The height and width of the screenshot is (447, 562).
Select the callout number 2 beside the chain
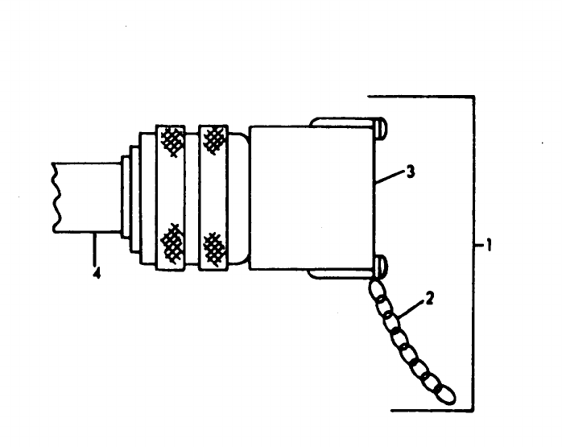[430, 299]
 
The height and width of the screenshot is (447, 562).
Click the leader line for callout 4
[97, 246]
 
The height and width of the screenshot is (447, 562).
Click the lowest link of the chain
[444, 394]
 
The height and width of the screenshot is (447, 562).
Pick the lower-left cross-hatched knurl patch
[171, 239]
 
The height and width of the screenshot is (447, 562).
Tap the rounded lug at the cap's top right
[380, 126]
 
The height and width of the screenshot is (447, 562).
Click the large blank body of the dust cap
[310, 197]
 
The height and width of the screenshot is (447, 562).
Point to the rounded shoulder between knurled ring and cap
[240, 197]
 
